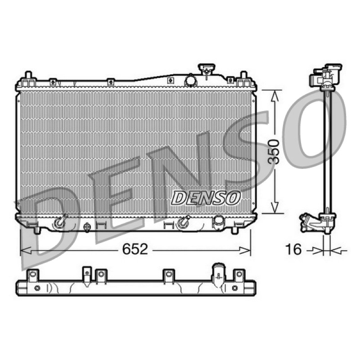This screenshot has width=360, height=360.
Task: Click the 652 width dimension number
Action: tap(135, 249)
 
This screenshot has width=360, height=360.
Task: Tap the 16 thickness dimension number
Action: tap(293, 249)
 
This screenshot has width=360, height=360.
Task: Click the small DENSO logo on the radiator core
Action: tap(206, 198)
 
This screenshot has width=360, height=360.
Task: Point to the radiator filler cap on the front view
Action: tap(207, 68)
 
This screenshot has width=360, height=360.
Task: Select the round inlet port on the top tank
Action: tap(191, 81)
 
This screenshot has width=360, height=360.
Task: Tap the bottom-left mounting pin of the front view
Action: tap(37, 230)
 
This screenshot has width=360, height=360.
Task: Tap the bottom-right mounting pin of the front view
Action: tap(234, 230)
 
